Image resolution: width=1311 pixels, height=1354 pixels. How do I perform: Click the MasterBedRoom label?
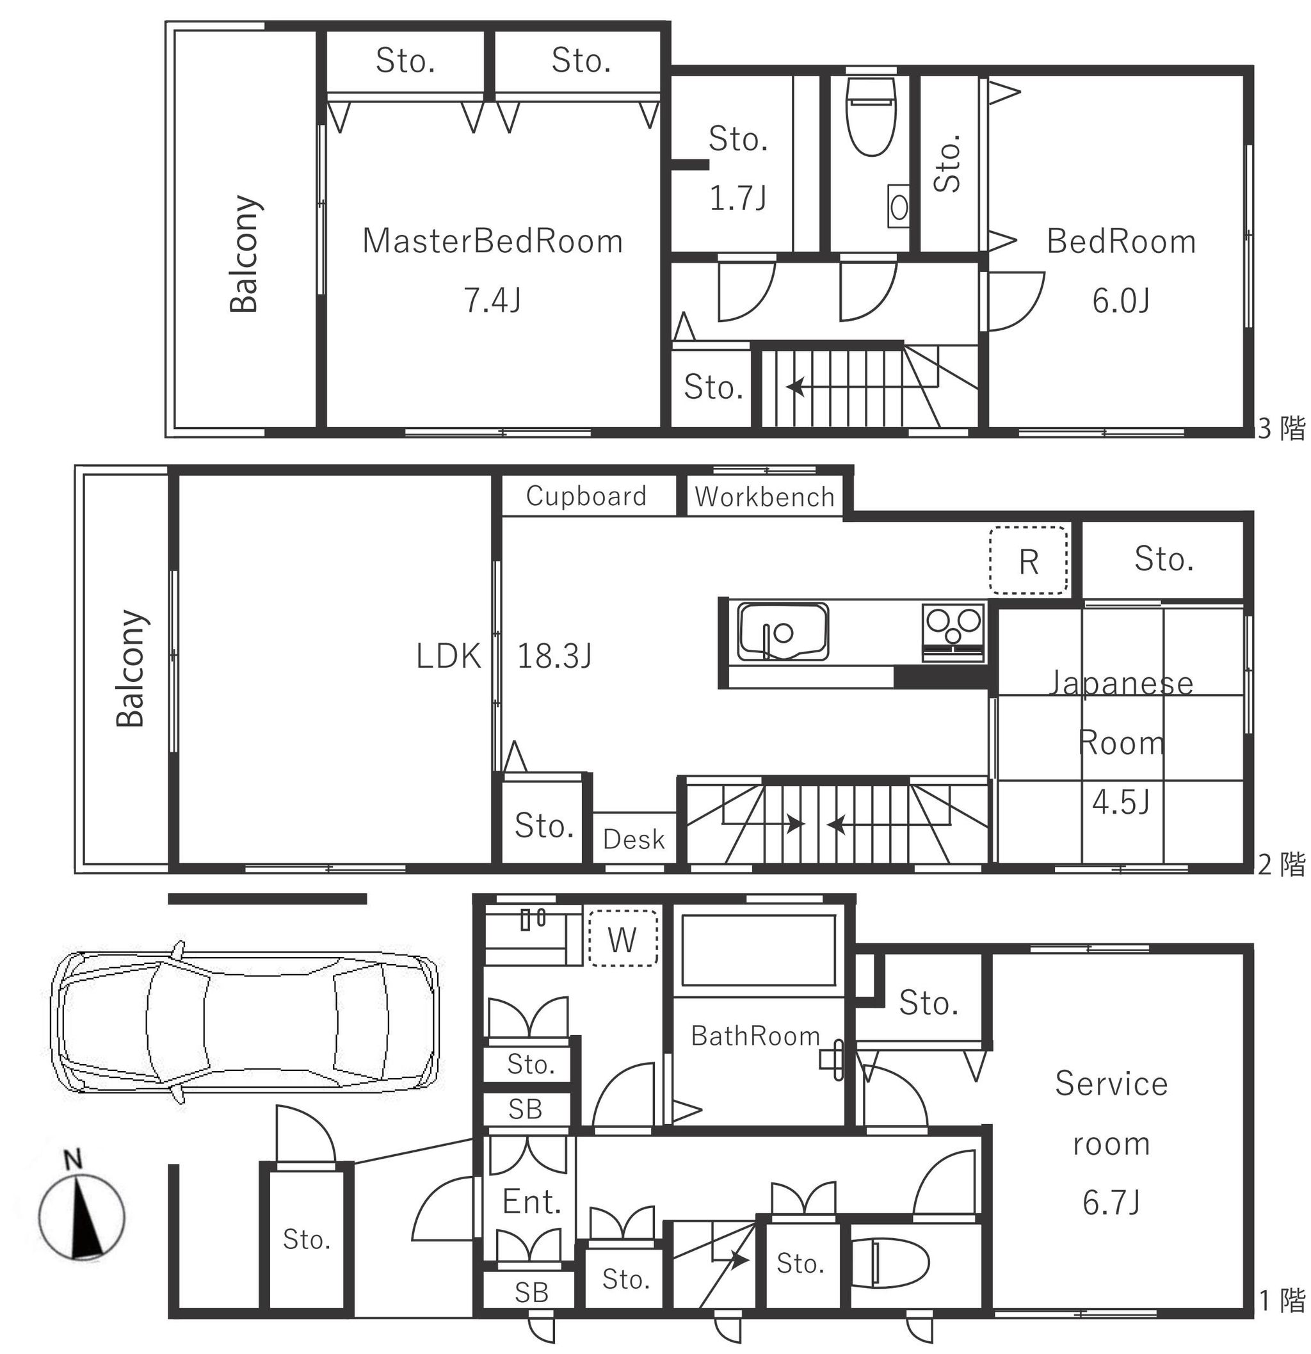492,242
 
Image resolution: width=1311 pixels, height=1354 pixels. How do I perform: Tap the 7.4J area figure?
492,300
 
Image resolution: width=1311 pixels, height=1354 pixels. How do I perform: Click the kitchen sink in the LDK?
784,631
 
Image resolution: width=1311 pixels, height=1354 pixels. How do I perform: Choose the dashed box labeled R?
1028,560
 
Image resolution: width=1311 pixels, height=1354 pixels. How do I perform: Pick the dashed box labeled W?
622,937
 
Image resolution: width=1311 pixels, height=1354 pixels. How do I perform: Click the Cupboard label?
586,496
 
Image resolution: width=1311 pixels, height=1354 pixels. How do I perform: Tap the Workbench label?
764,497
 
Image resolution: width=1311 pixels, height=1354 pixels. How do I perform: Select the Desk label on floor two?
633,839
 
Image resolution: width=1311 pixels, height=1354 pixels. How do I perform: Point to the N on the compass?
72,1159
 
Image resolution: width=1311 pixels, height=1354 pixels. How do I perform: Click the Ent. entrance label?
531,1202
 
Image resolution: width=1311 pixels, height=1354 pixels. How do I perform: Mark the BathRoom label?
755,1036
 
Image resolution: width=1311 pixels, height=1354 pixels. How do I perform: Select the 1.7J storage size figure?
737,198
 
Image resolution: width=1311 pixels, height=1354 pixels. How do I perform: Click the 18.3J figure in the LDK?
554,656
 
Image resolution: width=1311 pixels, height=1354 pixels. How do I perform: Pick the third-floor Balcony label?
245,254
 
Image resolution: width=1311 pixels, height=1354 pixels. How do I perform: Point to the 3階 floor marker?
1282,429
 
